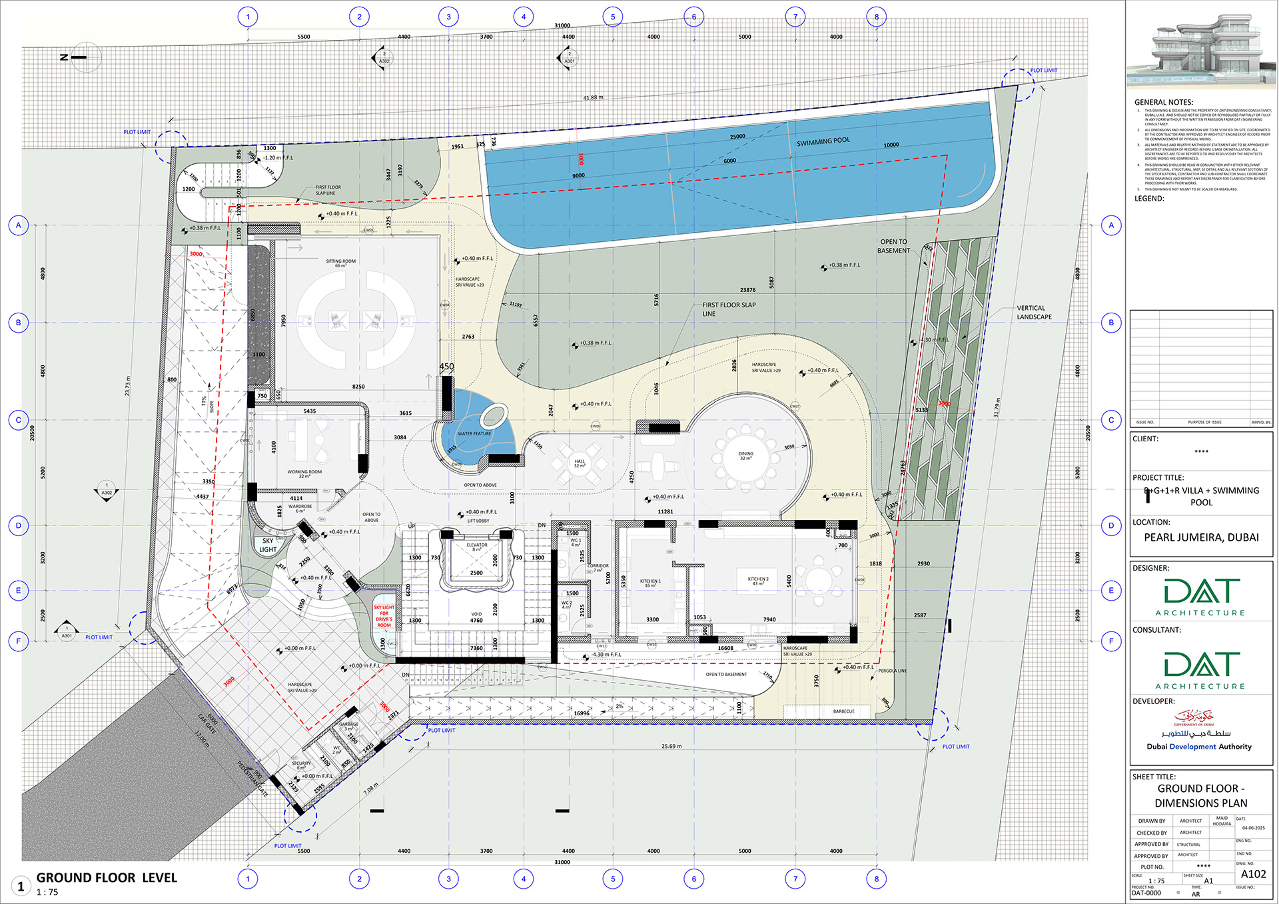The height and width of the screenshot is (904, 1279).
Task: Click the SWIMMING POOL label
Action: click(x=823, y=141)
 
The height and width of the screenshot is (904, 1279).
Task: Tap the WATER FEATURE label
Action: click(x=474, y=434)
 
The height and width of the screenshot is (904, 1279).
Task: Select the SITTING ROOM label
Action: click(x=340, y=263)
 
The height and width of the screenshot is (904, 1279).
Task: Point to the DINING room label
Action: click(x=745, y=455)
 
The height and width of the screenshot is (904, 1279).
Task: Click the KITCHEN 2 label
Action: click(x=758, y=581)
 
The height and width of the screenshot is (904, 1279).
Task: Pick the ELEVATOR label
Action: click(x=477, y=547)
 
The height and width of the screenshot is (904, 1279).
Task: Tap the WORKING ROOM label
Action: click(x=304, y=473)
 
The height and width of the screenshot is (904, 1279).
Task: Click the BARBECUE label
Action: click(x=843, y=711)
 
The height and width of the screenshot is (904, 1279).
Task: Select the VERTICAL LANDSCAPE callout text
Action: click(x=1034, y=313)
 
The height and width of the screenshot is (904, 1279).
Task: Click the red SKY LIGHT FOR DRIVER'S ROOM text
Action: click(x=384, y=616)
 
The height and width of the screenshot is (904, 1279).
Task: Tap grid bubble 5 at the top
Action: click(x=613, y=17)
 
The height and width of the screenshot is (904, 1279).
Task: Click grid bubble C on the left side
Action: click(x=19, y=420)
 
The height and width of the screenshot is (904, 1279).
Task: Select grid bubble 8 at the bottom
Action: click(x=877, y=879)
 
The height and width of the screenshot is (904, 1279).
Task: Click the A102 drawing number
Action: click(x=1253, y=874)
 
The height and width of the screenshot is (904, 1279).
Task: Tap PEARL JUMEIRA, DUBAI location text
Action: click(x=1201, y=537)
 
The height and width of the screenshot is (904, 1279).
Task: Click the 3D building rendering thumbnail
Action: click(x=1201, y=50)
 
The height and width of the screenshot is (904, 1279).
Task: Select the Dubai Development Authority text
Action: click(x=1199, y=747)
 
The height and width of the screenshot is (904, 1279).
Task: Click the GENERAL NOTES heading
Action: click(x=1163, y=102)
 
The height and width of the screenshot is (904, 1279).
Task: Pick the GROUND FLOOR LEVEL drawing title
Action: click(x=107, y=878)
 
